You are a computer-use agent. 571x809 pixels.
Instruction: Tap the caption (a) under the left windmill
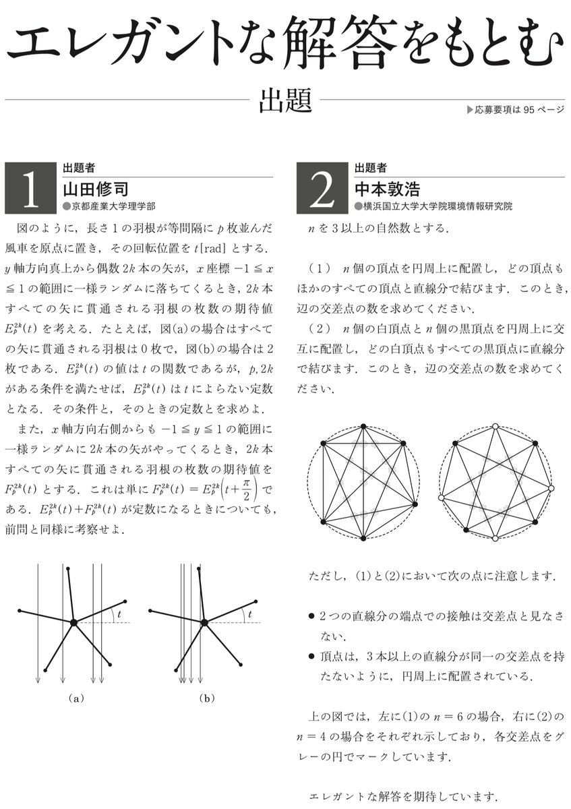pyautogui.click(x=76, y=698)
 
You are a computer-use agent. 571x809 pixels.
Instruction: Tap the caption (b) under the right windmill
pyautogui.click(x=206, y=698)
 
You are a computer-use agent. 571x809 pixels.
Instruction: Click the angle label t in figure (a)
pyautogui.click(x=119, y=614)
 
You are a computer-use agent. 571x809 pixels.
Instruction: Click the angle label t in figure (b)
pyautogui.click(x=249, y=614)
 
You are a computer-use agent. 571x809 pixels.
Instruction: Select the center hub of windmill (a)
pyautogui.click(x=73, y=622)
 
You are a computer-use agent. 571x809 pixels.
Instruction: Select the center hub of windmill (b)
pyautogui.click(x=204, y=622)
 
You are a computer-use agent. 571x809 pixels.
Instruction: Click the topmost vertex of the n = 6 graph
pyautogui.click(x=363, y=426)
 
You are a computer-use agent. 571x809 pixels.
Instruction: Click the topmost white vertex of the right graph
pyautogui.click(x=495, y=426)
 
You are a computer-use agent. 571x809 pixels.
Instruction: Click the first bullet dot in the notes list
pyautogui.click(x=310, y=616)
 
